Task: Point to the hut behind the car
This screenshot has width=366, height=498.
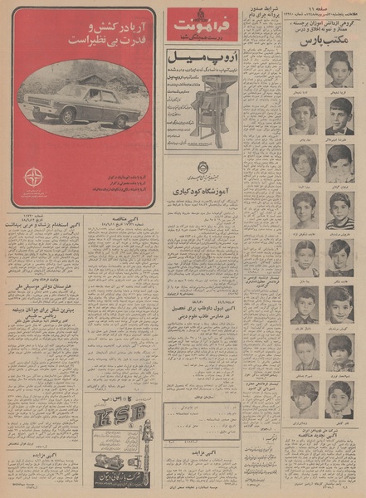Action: click(x=100, y=84)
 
